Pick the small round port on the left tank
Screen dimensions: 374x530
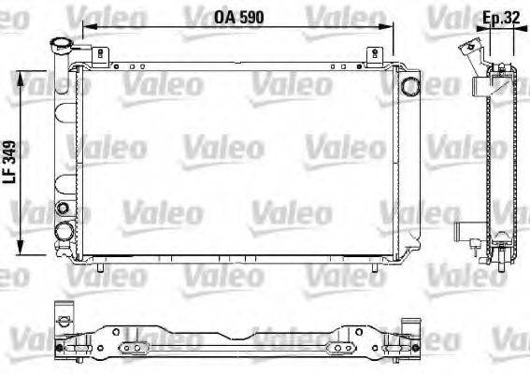click(x=64, y=208)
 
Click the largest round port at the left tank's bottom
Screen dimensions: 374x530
click(x=65, y=232)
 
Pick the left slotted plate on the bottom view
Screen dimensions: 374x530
click(x=136, y=348)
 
